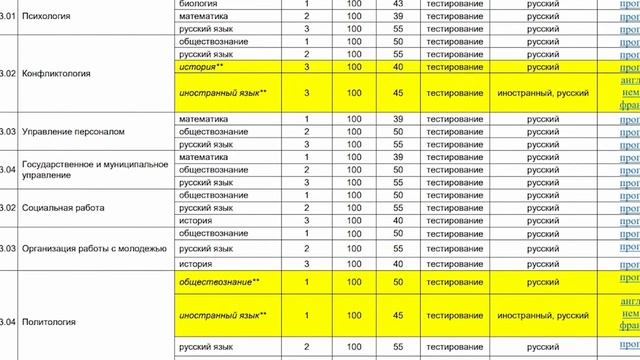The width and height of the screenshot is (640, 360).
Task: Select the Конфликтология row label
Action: [x=56, y=73]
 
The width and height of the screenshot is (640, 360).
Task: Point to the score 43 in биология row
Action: [x=398, y=3]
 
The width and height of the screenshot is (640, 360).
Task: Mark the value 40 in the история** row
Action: [x=398, y=66]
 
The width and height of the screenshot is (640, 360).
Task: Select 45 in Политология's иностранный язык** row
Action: [x=398, y=316]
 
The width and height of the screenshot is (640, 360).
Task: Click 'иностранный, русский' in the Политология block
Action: [x=541, y=316]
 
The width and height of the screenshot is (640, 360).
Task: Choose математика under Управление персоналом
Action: [x=202, y=119]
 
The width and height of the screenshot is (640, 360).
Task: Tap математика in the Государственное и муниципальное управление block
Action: [x=202, y=157]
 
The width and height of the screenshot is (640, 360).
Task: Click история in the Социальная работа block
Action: [x=195, y=220]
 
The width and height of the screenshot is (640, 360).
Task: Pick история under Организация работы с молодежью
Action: [x=195, y=263]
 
